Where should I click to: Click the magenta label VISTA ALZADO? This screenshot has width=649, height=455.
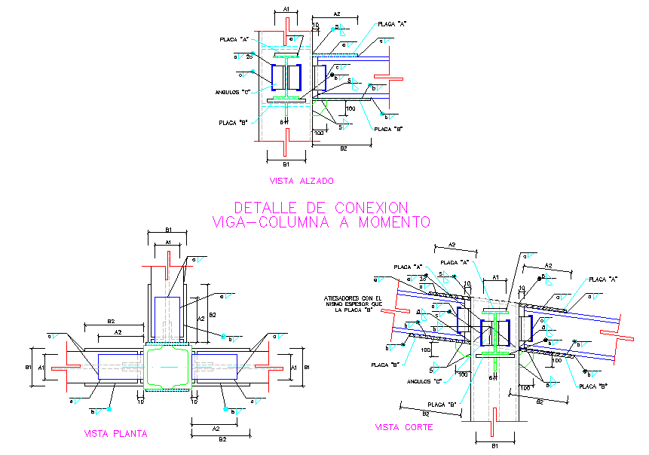(x=302, y=181)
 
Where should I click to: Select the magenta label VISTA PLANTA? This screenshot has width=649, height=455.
(x=115, y=433)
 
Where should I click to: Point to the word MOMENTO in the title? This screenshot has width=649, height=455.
(x=393, y=222)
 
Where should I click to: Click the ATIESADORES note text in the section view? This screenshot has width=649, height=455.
(x=351, y=303)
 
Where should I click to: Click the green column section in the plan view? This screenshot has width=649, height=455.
(x=167, y=367)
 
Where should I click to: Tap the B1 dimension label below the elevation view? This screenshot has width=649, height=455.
(x=286, y=163)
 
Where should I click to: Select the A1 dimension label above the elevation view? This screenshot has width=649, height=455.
(x=286, y=8)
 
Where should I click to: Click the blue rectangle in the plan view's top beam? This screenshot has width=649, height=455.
(x=167, y=313)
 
